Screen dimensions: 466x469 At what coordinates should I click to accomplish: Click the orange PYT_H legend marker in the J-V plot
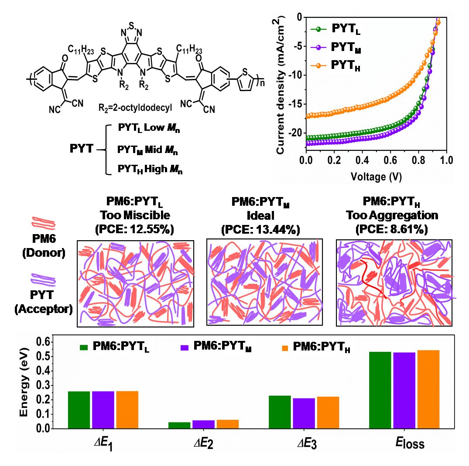(318, 65)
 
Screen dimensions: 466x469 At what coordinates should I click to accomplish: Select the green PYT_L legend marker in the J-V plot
(318, 30)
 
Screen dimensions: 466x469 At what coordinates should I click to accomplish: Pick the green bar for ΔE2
(179, 425)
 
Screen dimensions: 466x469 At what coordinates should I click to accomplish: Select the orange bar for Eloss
(428, 389)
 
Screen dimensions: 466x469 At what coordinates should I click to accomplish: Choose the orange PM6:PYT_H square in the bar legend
(285, 347)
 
